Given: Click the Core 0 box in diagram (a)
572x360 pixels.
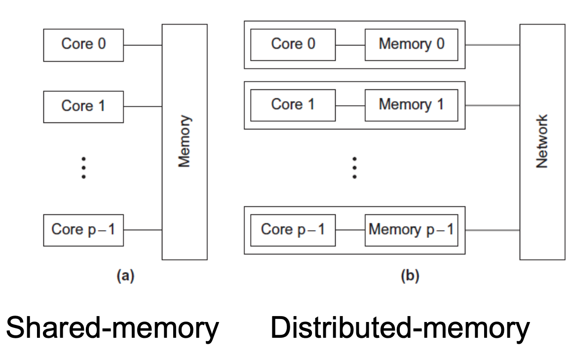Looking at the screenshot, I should point(83,45).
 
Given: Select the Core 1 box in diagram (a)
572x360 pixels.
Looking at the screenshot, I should point(83,106).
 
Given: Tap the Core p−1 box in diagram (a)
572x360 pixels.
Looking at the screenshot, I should point(83,230).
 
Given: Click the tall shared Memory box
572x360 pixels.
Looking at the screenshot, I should point(185,142).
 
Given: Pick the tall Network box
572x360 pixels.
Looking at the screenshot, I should point(542,142).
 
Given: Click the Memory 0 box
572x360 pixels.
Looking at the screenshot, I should point(411,44).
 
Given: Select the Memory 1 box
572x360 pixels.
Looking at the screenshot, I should point(411,105).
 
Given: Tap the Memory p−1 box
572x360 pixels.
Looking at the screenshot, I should point(411,230).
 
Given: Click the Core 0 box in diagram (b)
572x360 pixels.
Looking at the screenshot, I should point(293,44).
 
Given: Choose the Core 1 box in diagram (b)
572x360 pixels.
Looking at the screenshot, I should point(293,105).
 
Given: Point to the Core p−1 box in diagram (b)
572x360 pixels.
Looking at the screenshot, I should point(293,230).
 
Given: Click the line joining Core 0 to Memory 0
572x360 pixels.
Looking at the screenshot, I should point(350,45).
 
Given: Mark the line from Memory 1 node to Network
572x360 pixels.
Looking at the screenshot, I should point(492,105).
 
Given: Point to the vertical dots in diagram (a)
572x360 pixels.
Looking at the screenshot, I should point(84,167).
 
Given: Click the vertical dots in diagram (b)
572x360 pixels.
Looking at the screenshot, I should point(354,167).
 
